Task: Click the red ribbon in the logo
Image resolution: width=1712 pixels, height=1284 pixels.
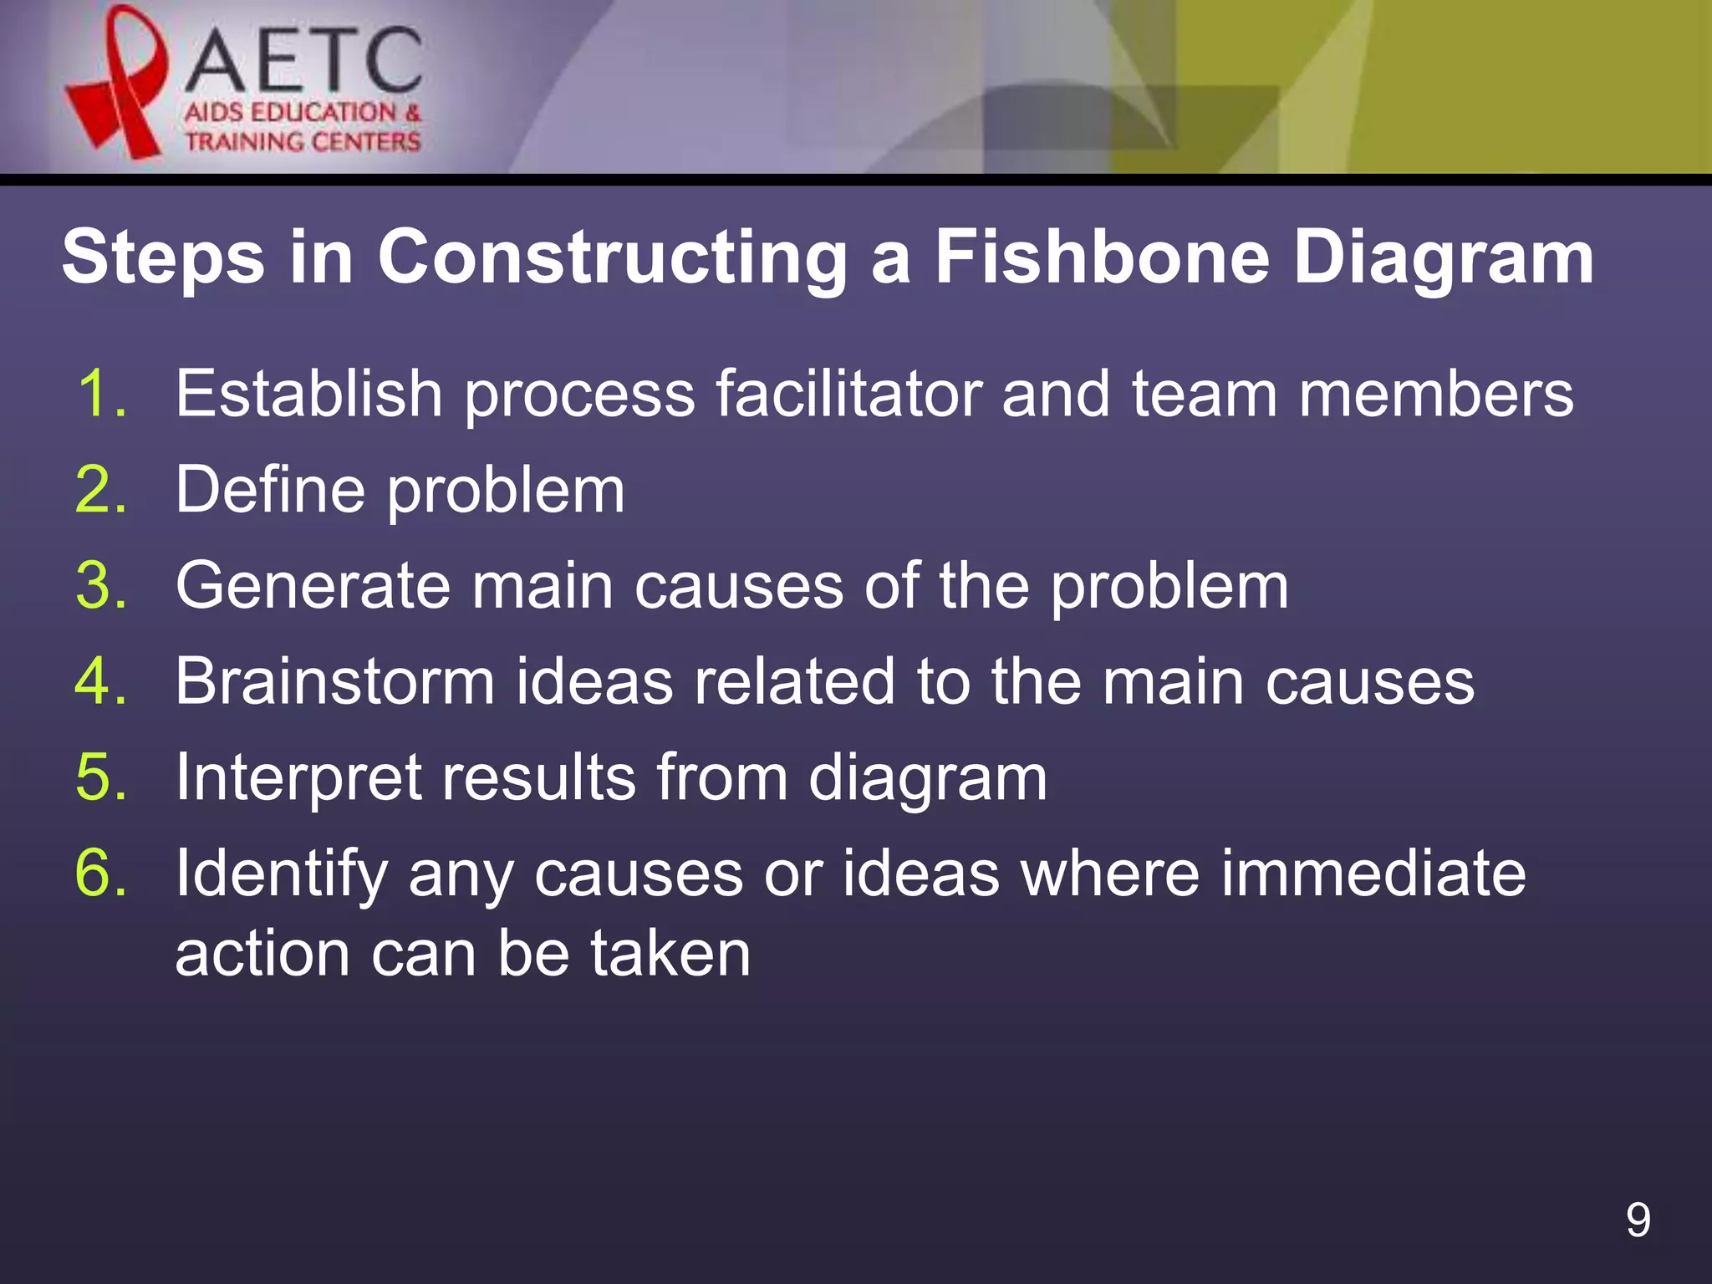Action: [x=117, y=84]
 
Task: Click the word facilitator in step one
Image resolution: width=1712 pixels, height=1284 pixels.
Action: [x=848, y=393]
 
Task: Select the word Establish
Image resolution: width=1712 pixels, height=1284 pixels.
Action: [x=308, y=393]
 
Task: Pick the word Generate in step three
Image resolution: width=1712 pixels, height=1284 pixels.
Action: [x=313, y=585]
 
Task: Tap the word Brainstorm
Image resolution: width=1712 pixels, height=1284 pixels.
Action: [x=335, y=681]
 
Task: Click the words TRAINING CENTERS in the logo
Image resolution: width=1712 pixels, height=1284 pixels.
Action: [x=303, y=141]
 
